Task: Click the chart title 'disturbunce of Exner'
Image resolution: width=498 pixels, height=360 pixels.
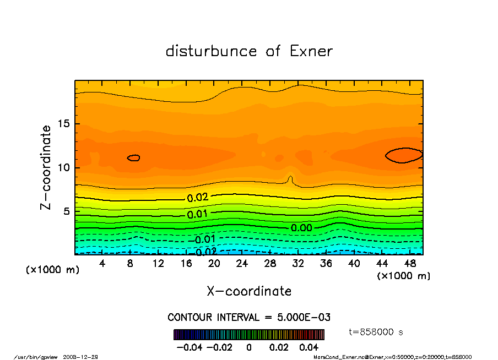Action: (x=249, y=51)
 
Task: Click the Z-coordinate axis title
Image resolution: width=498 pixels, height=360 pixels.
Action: (x=46, y=167)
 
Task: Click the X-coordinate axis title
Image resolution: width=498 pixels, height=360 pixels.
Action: (x=249, y=291)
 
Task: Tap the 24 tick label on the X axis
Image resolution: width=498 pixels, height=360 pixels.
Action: (x=242, y=264)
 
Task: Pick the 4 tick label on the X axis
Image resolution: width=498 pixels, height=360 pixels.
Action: (x=102, y=264)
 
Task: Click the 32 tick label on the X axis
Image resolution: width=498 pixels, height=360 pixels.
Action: (x=298, y=264)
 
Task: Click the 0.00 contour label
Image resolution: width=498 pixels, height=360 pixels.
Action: (x=301, y=228)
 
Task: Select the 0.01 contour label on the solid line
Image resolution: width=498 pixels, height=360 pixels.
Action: (x=197, y=214)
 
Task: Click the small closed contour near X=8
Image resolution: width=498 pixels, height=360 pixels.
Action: (x=133, y=158)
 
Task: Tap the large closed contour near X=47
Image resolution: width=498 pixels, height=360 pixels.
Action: (x=404, y=155)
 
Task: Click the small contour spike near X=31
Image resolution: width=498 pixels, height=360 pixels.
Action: (x=290, y=180)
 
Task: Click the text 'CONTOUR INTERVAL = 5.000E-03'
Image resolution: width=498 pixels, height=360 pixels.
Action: (x=248, y=318)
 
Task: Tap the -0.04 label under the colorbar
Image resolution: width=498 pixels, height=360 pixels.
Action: (x=187, y=347)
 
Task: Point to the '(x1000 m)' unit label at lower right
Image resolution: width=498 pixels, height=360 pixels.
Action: (x=403, y=276)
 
